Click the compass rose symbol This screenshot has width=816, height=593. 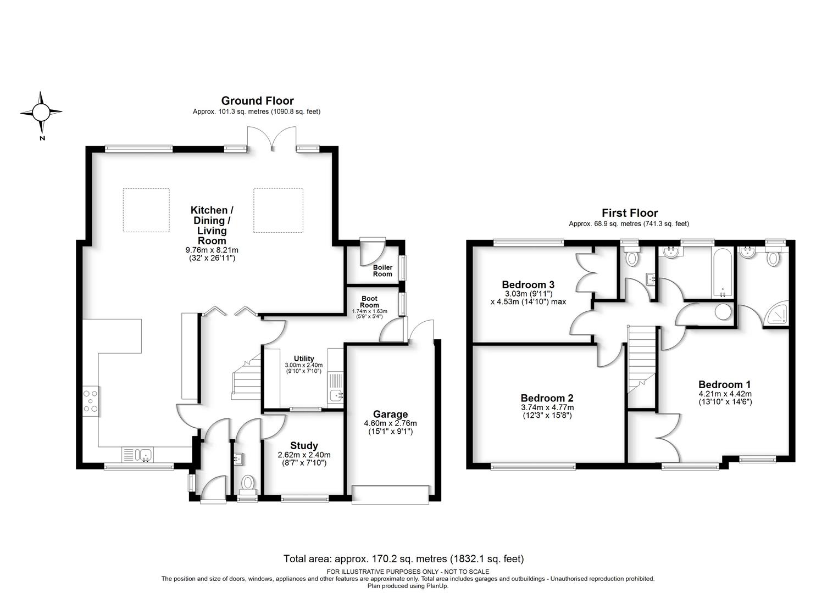[x=41, y=112]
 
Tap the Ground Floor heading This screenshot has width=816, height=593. [x=257, y=101]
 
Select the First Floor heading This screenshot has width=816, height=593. [x=630, y=213]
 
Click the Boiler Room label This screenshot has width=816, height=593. [x=382, y=271]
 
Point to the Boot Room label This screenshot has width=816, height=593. [x=369, y=302]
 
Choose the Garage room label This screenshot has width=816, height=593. [x=390, y=414]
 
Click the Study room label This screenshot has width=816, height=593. [x=304, y=445]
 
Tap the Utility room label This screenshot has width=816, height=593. [x=304, y=358]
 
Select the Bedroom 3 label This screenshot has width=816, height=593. [x=528, y=284]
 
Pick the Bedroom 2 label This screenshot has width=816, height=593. [x=547, y=398]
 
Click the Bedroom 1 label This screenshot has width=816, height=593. [x=725, y=384]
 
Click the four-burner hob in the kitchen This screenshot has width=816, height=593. [x=90, y=401]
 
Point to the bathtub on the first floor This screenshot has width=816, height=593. [x=723, y=272]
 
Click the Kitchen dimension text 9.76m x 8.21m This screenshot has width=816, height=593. [x=212, y=250]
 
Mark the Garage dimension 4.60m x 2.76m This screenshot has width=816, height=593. [x=390, y=423]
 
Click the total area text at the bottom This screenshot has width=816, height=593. [x=404, y=558]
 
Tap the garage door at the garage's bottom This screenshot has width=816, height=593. [x=390, y=495]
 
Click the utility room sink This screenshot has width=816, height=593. [x=335, y=395]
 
